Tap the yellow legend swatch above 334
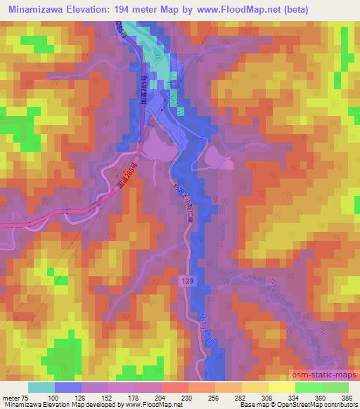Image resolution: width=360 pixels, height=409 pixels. (281, 387)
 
